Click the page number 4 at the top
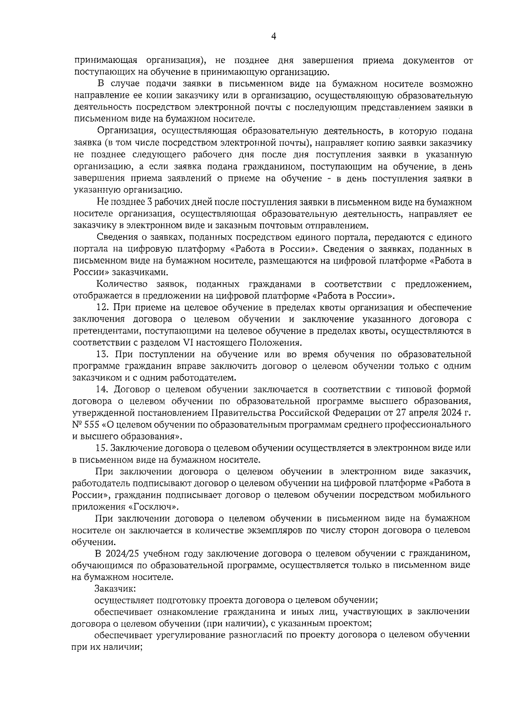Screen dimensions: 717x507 [x=273, y=37]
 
